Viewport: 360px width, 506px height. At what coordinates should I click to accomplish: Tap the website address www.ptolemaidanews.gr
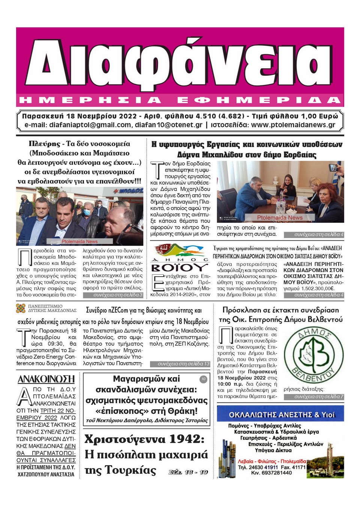pyautogui.click(x=293, y=125)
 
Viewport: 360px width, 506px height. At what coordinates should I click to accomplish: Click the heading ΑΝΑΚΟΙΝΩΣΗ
pyautogui.click(x=46, y=379)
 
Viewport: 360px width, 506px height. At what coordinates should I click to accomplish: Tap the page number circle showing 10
pyautogui.click(x=203, y=379)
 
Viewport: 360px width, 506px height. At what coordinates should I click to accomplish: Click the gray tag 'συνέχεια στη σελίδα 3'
pyautogui.click(x=118, y=295)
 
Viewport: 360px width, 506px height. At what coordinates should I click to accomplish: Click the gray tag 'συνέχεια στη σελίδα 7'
pyautogui.click(x=318, y=396)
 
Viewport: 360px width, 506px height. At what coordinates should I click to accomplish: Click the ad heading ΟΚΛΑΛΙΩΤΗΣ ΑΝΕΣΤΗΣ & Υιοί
pyautogui.click(x=281, y=415)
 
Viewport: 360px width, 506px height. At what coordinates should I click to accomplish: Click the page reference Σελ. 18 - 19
pyautogui.click(x=188, y=472)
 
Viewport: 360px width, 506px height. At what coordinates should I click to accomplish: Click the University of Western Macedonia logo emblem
pyautogui.click(x=21, y=308)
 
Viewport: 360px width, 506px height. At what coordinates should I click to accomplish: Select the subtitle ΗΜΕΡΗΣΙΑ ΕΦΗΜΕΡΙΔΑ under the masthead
pyautogui.click(x=179, y=100)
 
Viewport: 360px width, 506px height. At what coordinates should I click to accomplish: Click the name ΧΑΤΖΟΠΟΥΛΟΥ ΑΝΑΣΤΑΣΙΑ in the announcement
pyautogui.click(x=46, y=474)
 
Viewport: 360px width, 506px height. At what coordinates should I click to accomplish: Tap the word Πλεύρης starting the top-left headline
pyautogui.click(x=44, y=144)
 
